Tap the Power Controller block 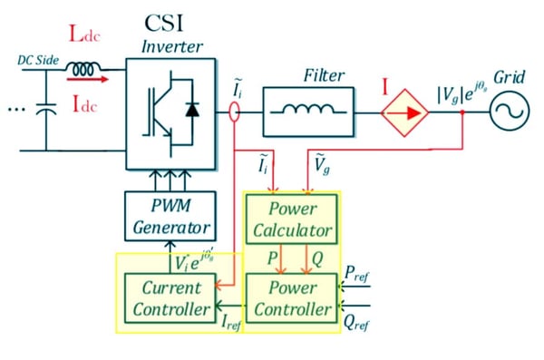[292, 298]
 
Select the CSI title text [169, 22]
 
